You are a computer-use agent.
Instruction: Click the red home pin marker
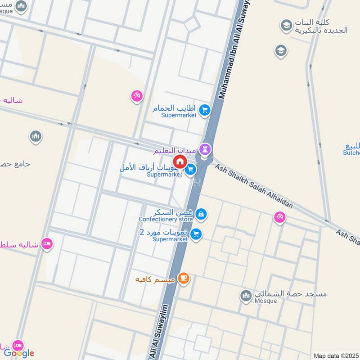pyautogui.click(x=180, y=162)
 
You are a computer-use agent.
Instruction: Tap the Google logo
pyautogui.click(x=19, y=353)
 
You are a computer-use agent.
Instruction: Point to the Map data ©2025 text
pyautogui.click(x=336, y=355)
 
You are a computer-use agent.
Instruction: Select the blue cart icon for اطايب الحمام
pyautogui.click(x=205, y=110)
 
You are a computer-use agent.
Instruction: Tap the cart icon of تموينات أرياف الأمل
pyautogui.click(x=191, y=169)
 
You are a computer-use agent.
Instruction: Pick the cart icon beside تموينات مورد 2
pyautogui.click(x=196, y=234)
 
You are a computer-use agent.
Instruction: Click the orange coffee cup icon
pyautogui.click(x=183, y=279)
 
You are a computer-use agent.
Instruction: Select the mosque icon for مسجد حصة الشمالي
pyautogui.click(x=246, y=295)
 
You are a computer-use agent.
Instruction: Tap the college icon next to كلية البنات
pyautogui.click(x=286, y=26)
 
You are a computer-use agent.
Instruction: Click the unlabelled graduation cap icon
pyautogui.click(x=281, y=51)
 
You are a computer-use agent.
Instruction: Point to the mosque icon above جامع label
pyautogui.click(x=36, y=136)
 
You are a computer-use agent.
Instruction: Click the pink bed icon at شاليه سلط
pyautogui.click(x=47, y=244)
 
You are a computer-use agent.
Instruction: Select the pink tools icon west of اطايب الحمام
pyautogui.click(x=137, y=96)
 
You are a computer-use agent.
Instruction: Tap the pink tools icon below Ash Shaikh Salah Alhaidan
pyautogui.click(x=279, y=217)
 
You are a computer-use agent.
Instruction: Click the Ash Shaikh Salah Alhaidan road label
pyautogui.click(x=254, y=186)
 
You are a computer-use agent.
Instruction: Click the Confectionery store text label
pyautogui.click(x=166, y=219)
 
